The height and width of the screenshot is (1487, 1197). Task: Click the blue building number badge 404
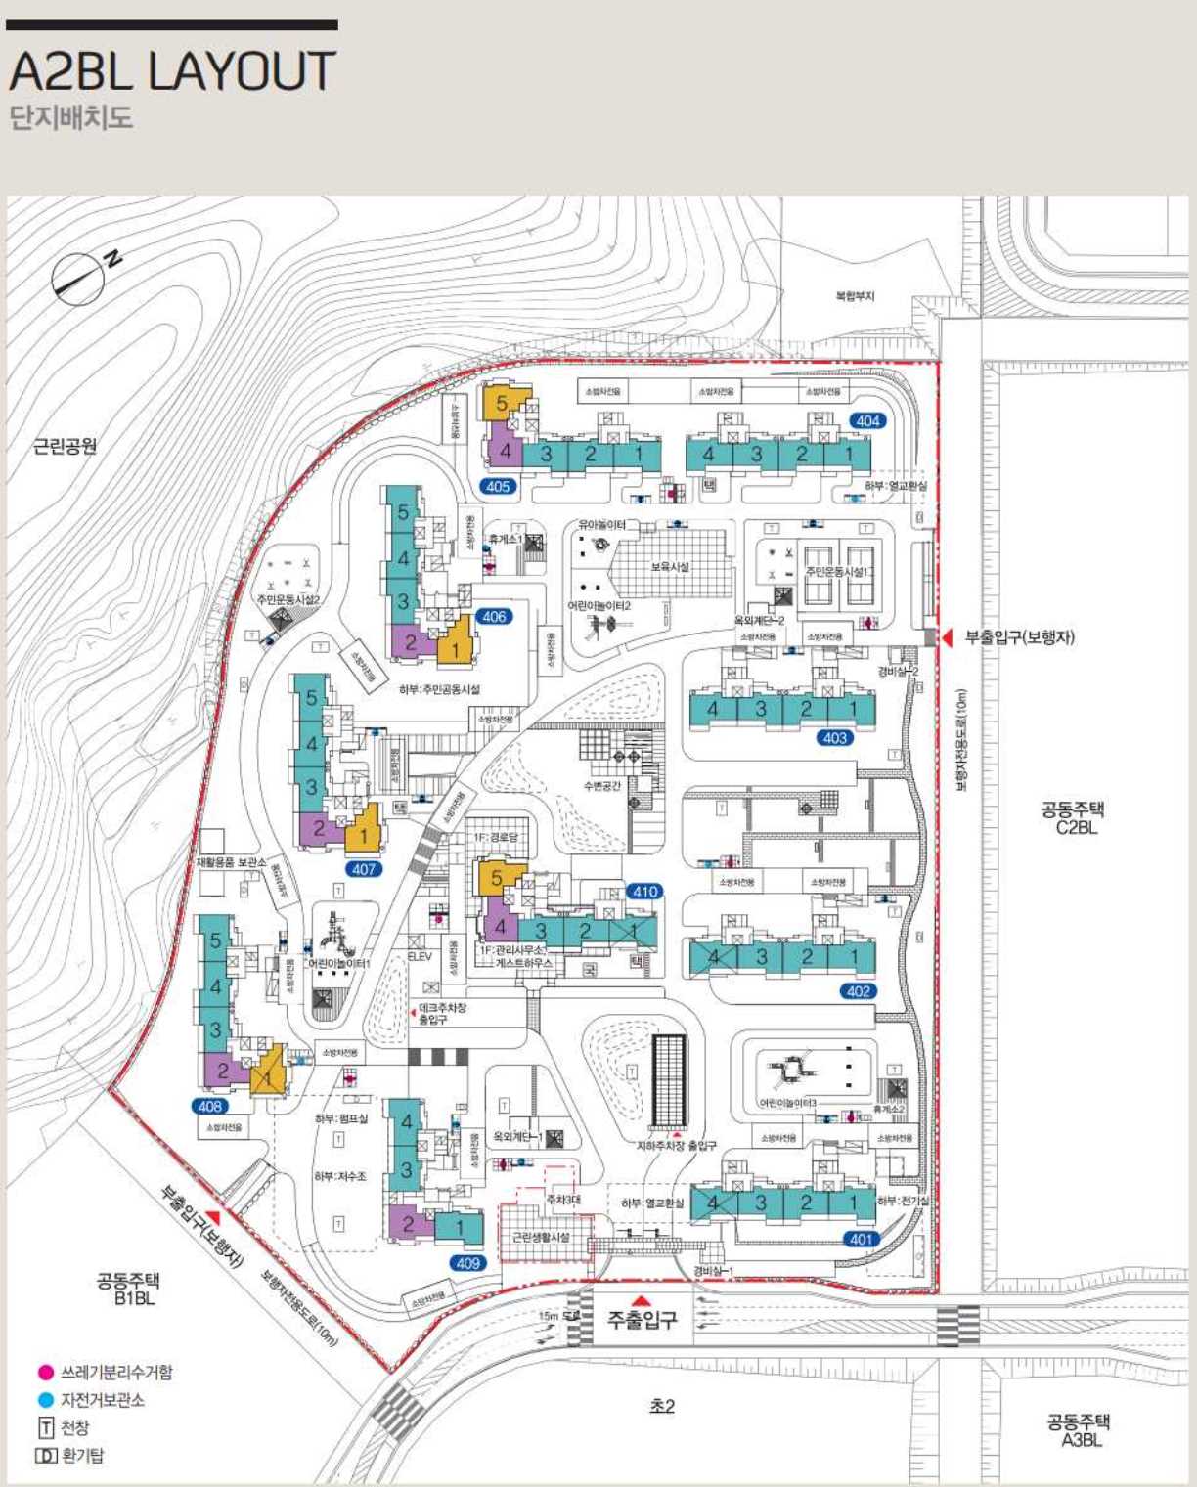click(x=867, y=420)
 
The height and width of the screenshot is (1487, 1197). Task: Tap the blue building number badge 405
click(x=498, y=486)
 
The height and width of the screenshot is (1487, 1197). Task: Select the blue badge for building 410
click(x=644, y=891)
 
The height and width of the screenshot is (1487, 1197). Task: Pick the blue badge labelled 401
click(x=861, y=1239)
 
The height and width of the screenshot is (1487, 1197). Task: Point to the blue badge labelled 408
click(x=210, y=1106)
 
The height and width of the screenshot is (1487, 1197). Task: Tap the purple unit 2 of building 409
click(x=409, y=1222)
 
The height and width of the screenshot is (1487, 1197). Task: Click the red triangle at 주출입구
click(x=641, y=1300)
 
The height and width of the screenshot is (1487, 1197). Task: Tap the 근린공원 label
click(x=66, y=446)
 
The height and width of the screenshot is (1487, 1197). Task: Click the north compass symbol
click(x=78, y=278)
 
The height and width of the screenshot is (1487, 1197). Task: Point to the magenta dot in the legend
click(x=45, y=1373)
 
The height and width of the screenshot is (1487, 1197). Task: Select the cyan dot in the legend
click(x=45, y=1400)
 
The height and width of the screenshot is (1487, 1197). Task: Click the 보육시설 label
click(x=670, y=566)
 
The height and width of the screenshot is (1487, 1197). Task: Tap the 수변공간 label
click(x=601, y=785)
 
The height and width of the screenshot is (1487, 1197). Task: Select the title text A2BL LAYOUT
click(x=172, y=71)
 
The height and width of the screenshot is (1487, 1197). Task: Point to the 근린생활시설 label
click(x=541, y=1237)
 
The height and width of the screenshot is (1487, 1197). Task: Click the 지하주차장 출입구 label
click(x=677, y=1145)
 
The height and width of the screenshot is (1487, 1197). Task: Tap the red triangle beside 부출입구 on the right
click(x=947, y=637)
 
